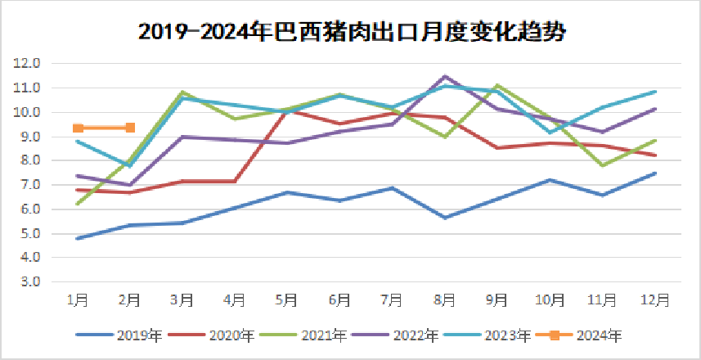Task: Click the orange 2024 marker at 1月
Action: point(78,128)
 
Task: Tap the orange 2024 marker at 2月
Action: point(130,128)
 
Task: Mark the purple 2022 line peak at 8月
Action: point(445,76)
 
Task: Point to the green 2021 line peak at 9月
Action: point(497,85)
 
